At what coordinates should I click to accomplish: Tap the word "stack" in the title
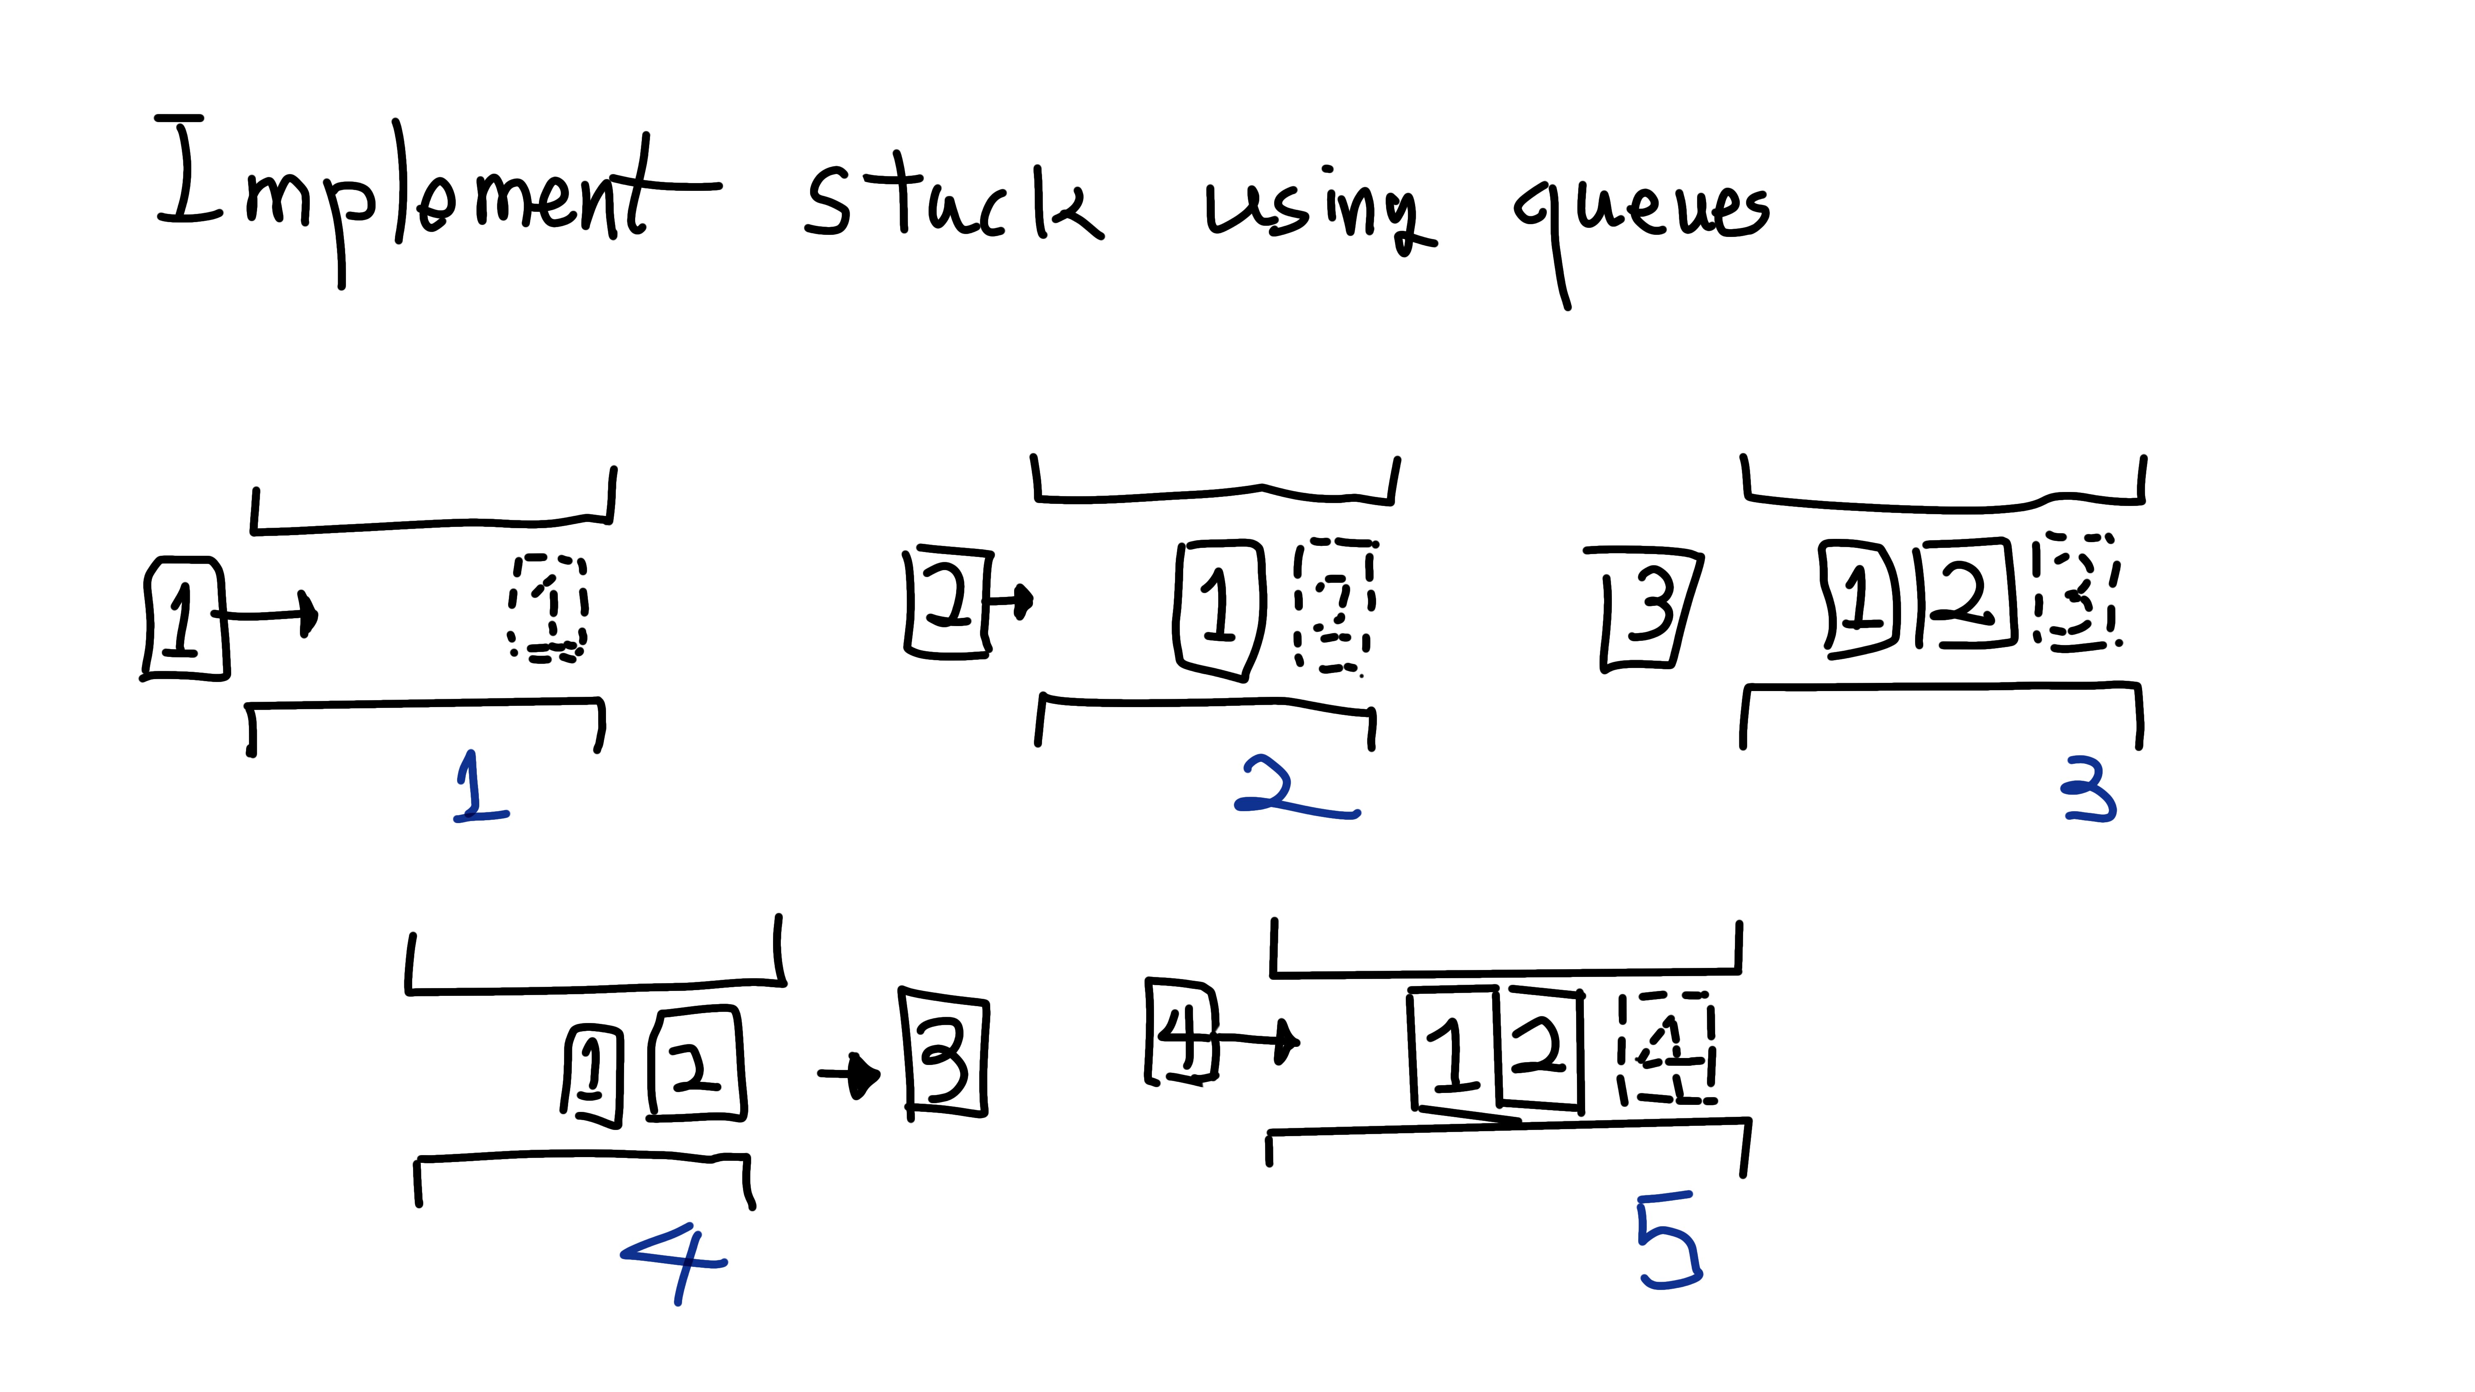(951, 202)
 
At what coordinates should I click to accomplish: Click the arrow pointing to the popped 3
(850, 1073)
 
